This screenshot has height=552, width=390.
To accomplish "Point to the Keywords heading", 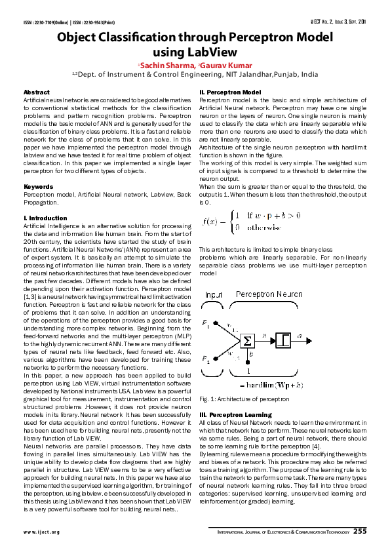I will (38, 187).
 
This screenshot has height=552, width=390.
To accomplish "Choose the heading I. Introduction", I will (45, 218).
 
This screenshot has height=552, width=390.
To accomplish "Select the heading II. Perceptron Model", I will (230, 92).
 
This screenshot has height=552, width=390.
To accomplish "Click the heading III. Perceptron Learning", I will (235, 415).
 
